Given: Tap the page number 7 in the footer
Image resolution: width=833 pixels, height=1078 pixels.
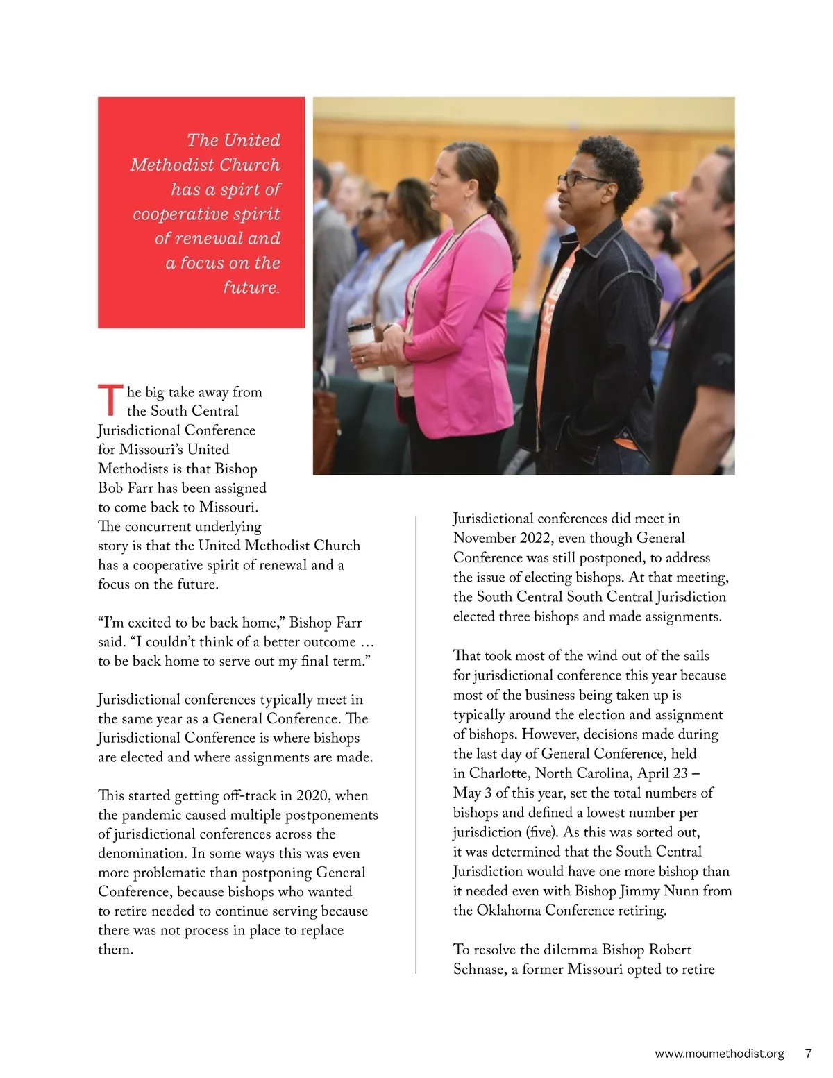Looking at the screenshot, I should pyautogui.click(x=808, y=1053).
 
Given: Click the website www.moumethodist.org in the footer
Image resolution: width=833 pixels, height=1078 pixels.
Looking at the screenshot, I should pyautogui.click(x=719, y=1054).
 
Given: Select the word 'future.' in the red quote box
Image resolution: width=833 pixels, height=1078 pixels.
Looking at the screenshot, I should pyautogui.click(x=251, y=287).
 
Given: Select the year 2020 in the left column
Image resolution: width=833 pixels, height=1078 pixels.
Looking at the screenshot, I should pyautogui.click(x=313, y=795).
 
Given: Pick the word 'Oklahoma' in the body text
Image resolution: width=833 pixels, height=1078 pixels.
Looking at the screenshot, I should pyautogui.click(x=509, y=910).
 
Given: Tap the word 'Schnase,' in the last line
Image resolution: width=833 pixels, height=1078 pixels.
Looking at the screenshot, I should pyautogui.click(x=480, y=969).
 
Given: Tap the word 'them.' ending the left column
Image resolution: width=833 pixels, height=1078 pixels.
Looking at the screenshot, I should pyautogui.click(x=115, y=950).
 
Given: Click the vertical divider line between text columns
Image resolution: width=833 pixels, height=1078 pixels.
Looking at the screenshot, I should pyautogui.click(x=416, y=743).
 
